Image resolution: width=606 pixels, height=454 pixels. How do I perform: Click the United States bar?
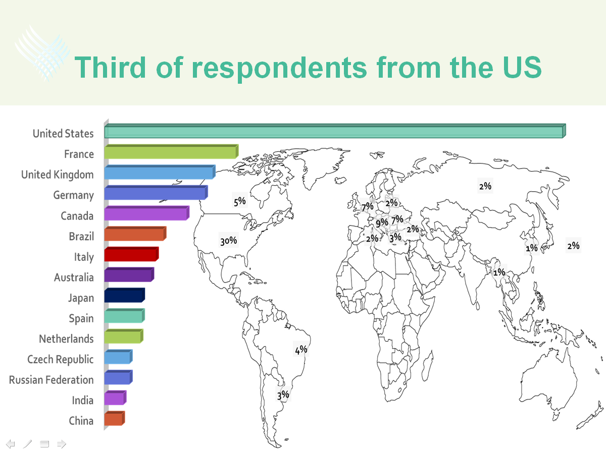click(x=335, y=131)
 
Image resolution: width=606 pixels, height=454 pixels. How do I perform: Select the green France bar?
click(x=171, y=151)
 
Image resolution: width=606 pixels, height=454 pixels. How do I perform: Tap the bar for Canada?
click(x=147, y=213)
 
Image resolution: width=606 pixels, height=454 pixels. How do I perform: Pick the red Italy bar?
click(x=131, y=254)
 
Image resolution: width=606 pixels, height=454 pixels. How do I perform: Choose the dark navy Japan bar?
click(x=125, y=295)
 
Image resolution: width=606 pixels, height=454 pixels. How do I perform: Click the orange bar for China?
click(x=115, y=418)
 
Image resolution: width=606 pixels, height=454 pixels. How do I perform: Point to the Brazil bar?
click(x=135, y=234)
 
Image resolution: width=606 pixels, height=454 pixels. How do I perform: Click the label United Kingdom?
click(x=58, y=175)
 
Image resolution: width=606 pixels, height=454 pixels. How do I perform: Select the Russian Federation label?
click(x=52, y=380)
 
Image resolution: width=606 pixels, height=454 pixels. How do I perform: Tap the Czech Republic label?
click(x=61, y=360)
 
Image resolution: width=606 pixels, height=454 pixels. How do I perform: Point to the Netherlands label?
click(x=66, y=339)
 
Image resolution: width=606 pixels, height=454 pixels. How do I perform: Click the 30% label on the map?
click(x=229, y=241)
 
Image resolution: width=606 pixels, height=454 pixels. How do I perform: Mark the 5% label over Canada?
click(x=240, y=201)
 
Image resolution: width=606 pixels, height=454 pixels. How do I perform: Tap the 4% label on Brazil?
click(x=301, y=350)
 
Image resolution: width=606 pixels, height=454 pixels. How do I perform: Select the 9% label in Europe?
click(x=382, y=222)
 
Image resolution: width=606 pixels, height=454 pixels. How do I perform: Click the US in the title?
click(x=522, y=67)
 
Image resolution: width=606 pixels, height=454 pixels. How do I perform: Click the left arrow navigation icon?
click(x=11, y=444)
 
